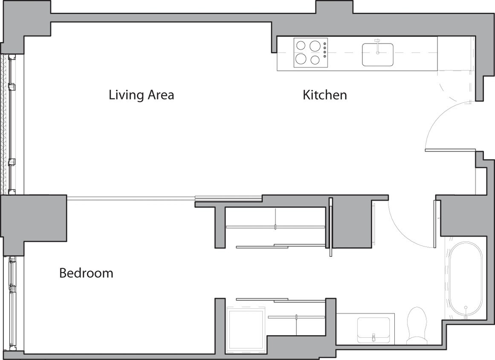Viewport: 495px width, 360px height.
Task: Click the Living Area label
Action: [141, 95]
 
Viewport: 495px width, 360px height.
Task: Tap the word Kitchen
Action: [324, 95]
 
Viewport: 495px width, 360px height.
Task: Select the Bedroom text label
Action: [86, 273]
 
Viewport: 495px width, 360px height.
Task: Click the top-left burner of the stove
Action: [301, 46]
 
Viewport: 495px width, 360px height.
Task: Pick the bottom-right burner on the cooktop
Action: [315, 60]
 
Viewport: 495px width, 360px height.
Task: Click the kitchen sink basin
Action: [378, 55]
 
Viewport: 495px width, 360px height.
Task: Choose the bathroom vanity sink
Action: [373, 329]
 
